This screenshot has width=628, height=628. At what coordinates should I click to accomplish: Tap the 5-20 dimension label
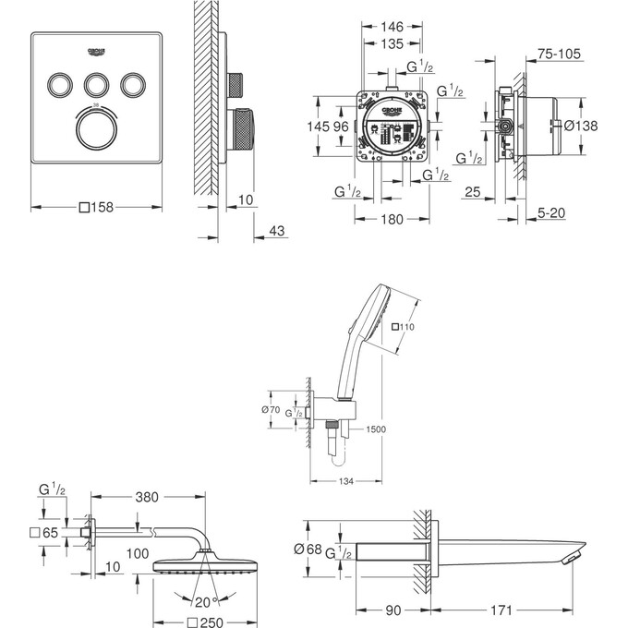point(553,212)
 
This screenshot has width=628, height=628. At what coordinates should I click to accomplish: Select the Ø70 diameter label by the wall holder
point(271,409)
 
